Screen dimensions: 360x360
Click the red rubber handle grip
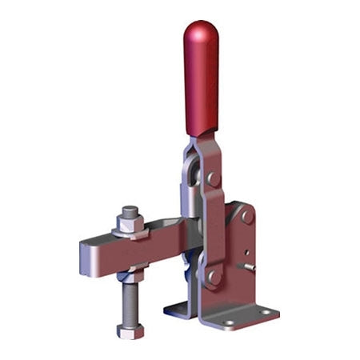pyautogui.click(x=201, y=80)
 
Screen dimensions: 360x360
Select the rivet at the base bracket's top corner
pyautogui.click(x=247, y=216)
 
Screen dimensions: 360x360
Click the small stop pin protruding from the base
pyautogui.click(x=252, y=267)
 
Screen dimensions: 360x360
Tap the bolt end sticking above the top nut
pyautogui.click(x=130, y=212)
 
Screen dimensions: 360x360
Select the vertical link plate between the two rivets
pyautogui.click(x=213, y=228)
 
